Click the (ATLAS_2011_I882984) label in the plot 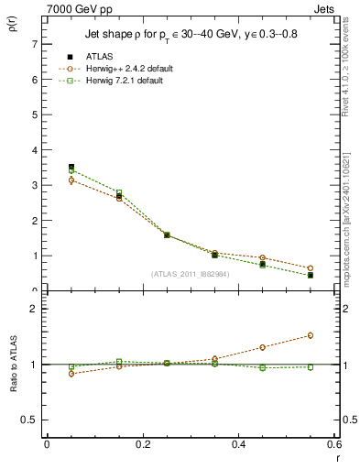(x=191, y=274)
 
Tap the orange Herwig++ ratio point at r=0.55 (x=310, y=335)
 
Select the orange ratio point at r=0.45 (x=262, y=347)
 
